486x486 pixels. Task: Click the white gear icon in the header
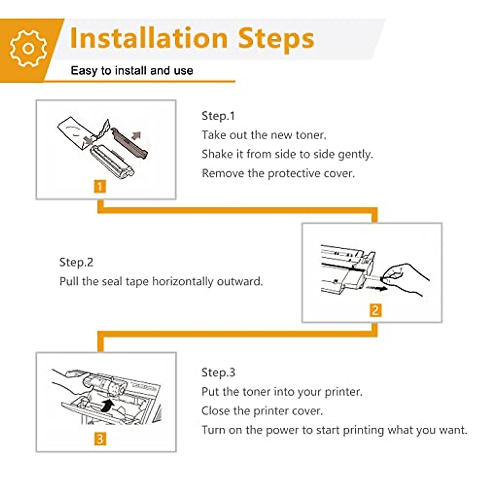[28, 49]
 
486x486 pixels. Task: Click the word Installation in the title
[149, 38]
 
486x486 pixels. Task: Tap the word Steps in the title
[276, 40]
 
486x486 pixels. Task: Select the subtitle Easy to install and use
[132, 70]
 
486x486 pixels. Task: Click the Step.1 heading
[218, 116]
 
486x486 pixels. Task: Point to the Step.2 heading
[76, 262]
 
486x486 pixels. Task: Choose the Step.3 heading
[218, 372]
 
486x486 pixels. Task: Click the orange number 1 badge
[100, 187]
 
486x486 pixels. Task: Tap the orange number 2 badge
[375, 310]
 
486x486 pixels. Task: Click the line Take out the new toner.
[264, 135]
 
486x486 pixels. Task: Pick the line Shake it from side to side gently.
[287, 154]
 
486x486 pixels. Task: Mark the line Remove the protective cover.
[278, 174]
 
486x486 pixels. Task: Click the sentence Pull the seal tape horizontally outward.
[161, 281]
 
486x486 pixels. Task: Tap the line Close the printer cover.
[262, 411]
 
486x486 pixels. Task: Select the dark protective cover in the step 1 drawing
[130, 143]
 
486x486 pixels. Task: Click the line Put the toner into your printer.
[282, 392]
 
